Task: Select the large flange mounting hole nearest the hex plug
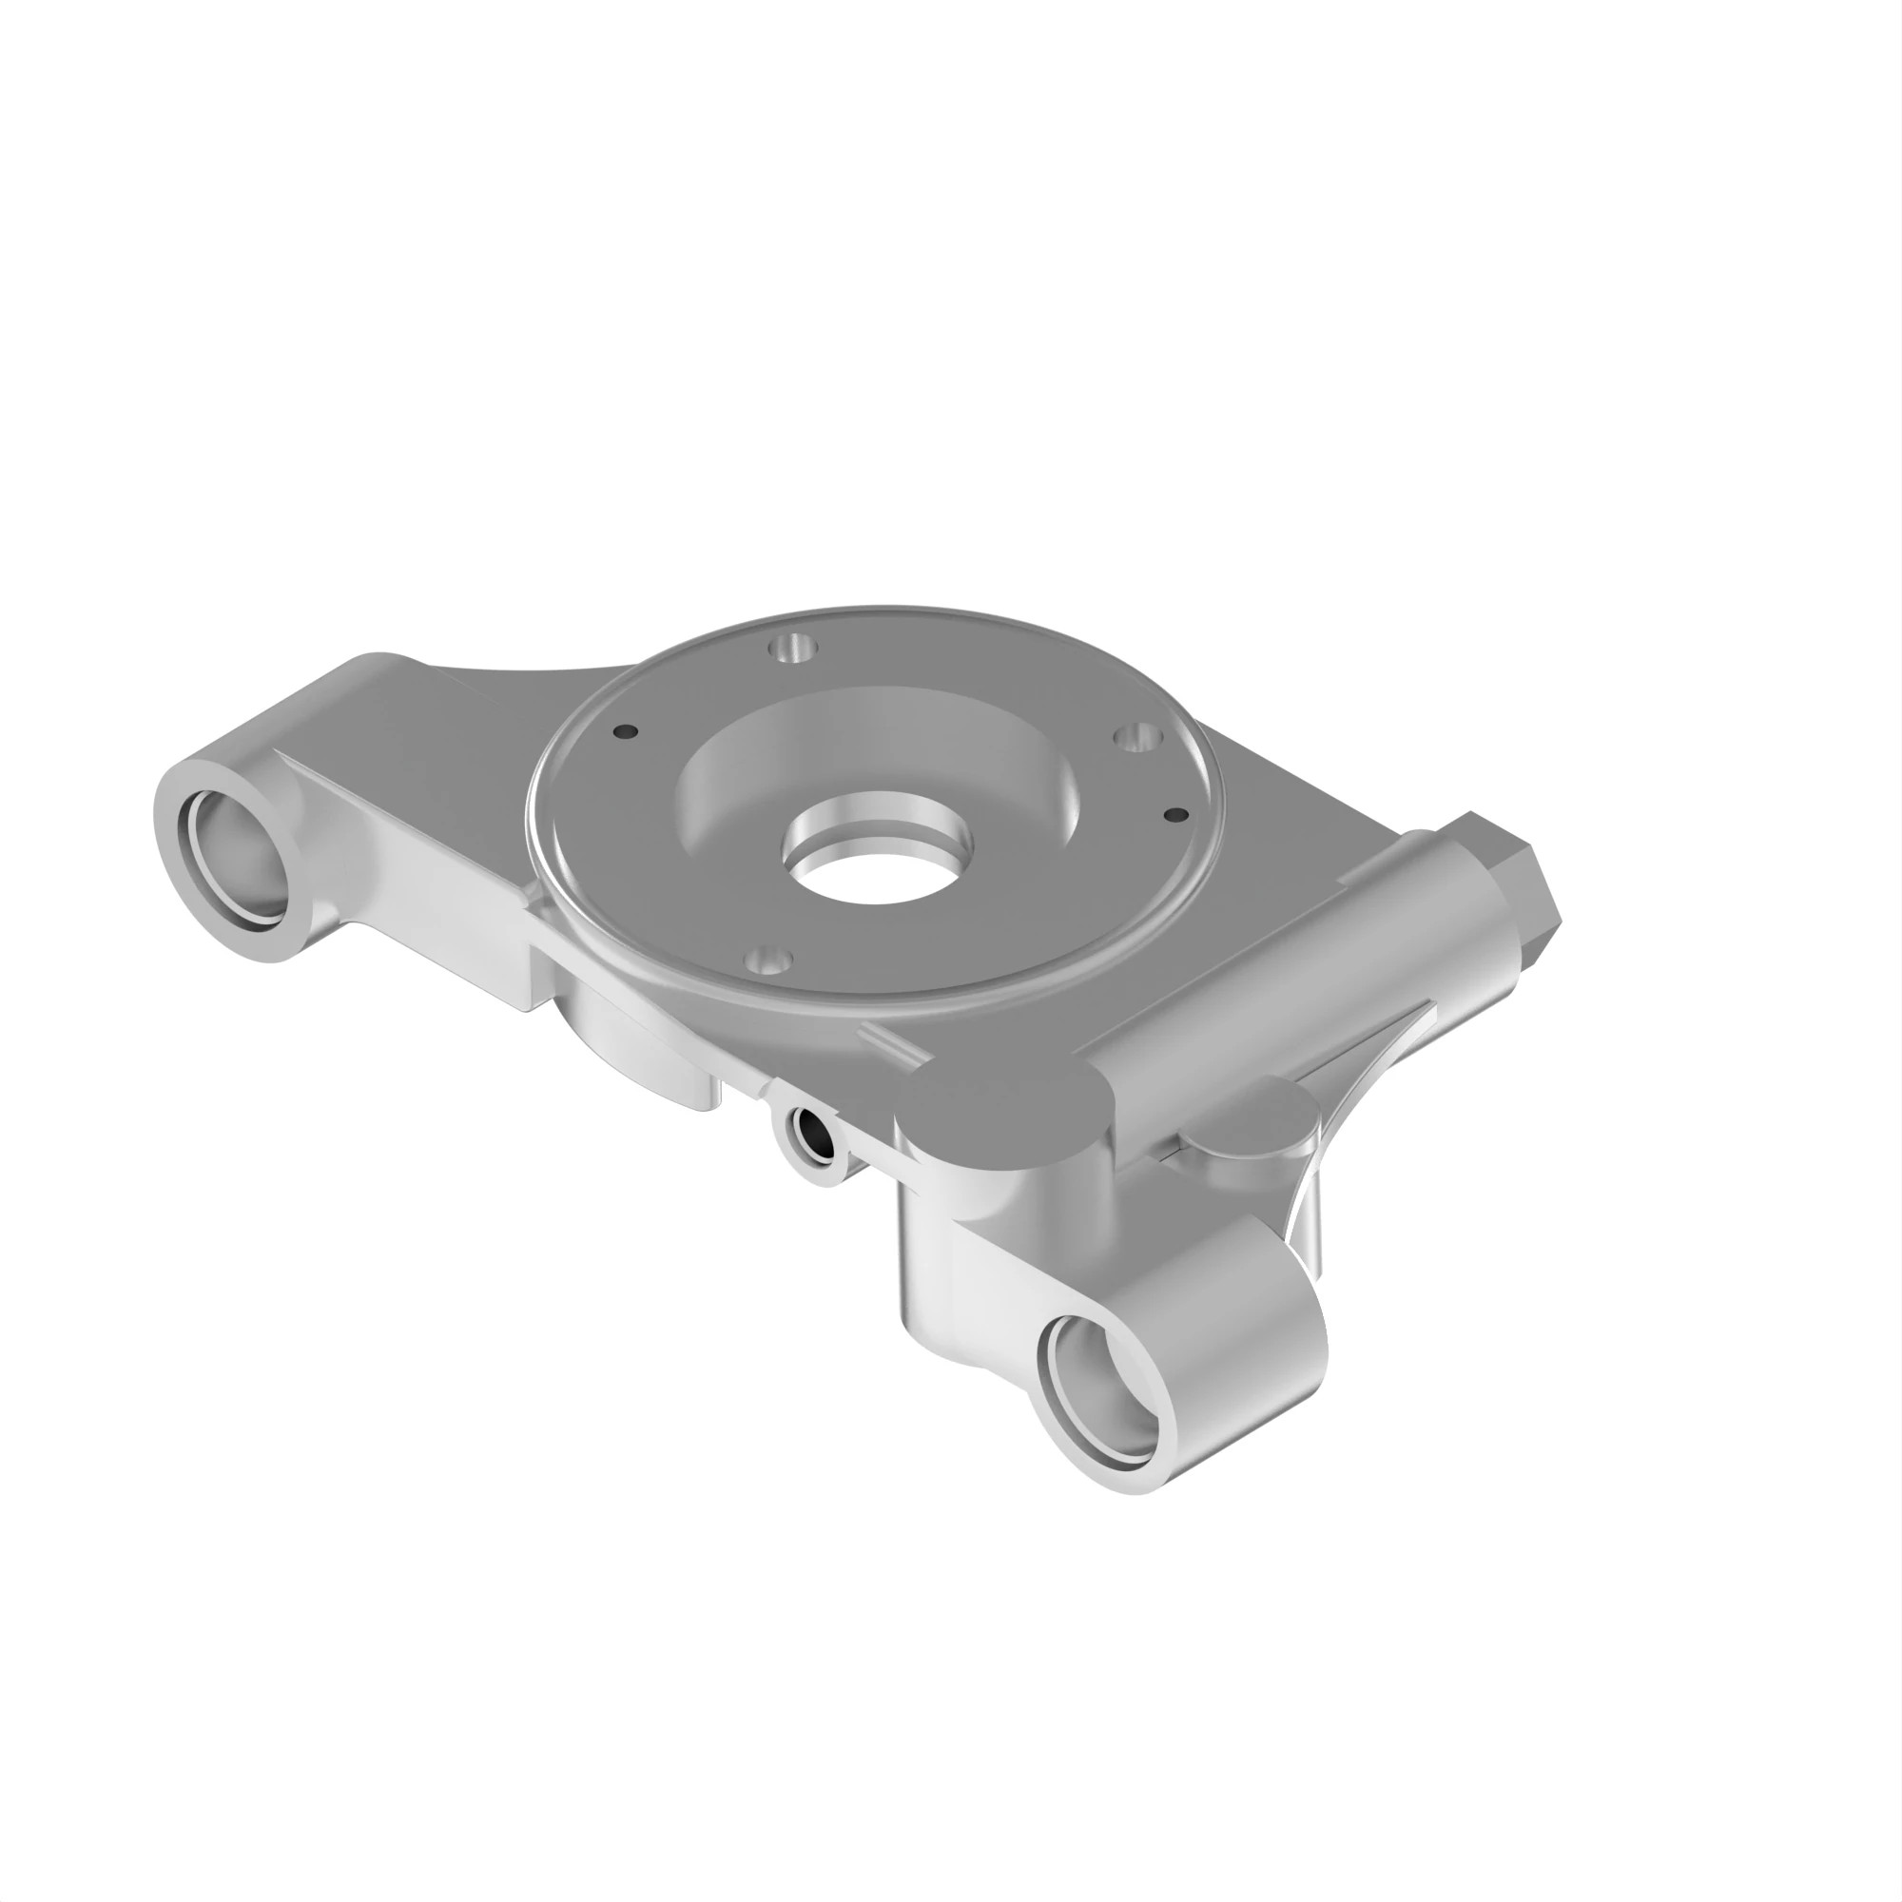tap(1138, 736)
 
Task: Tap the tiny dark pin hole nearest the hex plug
tap(1175, 814)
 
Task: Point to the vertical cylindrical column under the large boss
tap(935, 1270)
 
